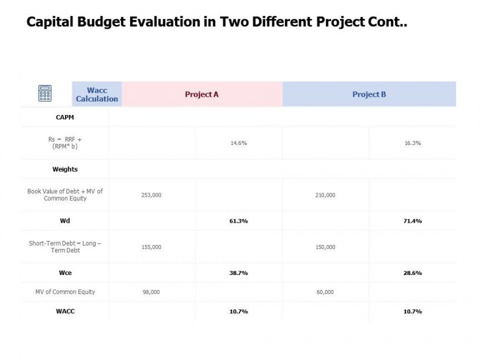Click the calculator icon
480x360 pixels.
(x=45, y=93)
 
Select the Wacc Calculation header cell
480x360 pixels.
(x=97, y=94)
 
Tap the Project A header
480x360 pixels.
(x=202, y=94)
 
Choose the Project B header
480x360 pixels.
(x=369, y=94)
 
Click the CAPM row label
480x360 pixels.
(x=65, y=117)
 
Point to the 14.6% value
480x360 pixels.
(x=238, y=143)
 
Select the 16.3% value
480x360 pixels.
(x=412, y=143)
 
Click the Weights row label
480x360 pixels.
(x=65, y=169)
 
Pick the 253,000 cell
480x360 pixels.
(x=151, y=195)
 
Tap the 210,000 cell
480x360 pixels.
(x=325, y=195)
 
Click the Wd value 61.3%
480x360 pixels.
(x=238, y=221)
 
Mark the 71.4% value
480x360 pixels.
(x=412, y=221)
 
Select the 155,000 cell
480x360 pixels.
(x=151, y=247)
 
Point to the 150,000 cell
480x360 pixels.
(x=325, y=247)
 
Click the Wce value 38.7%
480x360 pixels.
(x=238, y=273)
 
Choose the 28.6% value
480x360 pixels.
(x=412, y=273)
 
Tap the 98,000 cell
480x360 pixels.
(x=151, y=292)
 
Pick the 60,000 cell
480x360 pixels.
(x=325, y=292)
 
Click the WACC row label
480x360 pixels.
(x=65, y=311)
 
